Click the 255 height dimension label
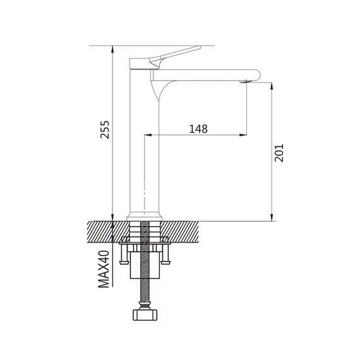tap(105, 129)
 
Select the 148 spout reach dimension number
tap(198, 129)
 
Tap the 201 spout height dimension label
tap(279, 153)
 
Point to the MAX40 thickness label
tap(104, 269)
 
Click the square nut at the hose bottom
tap(145, 315)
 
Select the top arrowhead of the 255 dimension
tap(112, 49)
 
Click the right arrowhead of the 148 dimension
tap(243, 135)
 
